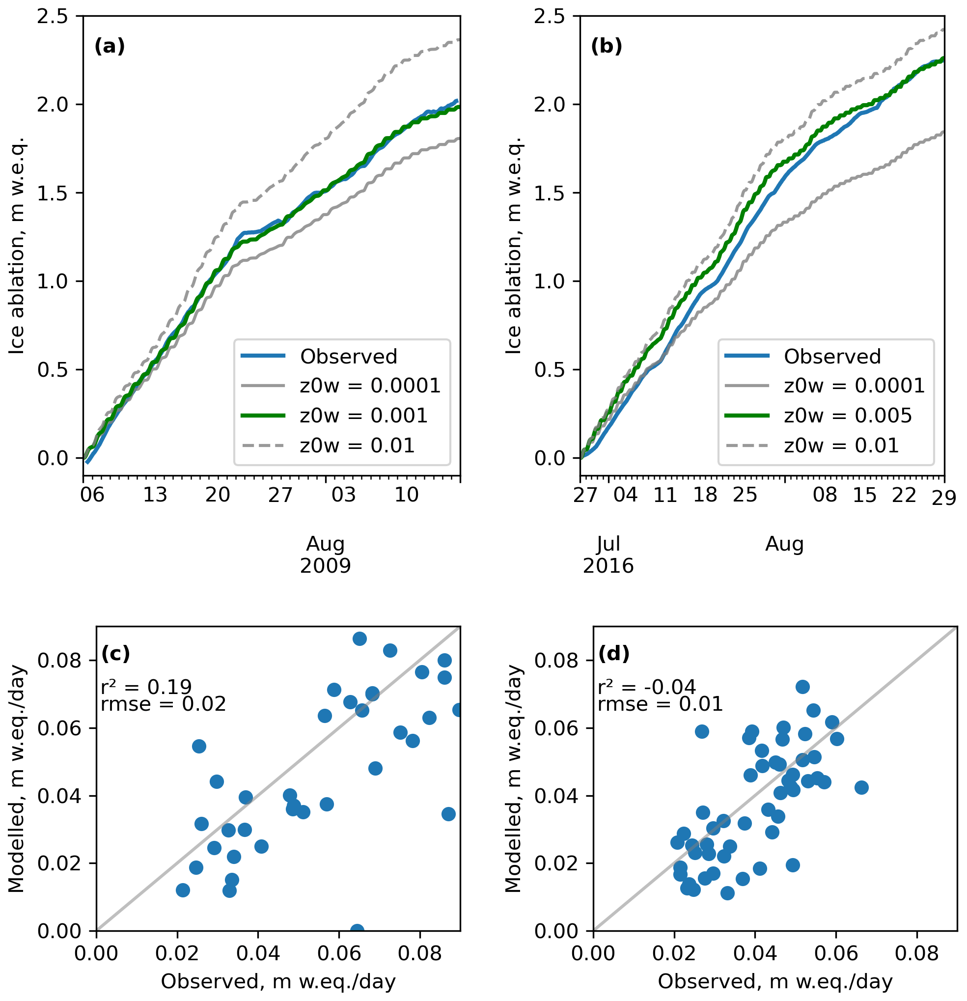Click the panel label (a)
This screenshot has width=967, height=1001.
pyautogui.click(x=109, y=47)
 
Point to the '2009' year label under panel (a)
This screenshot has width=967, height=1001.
pyautogui.click(x=325, y=566)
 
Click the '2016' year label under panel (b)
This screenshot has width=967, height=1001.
pyautogui.click(x=608, y=566)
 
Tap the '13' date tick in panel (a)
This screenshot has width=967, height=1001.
pyautogui.click(x=155, y=495)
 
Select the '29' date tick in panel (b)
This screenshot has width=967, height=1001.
pyautogui.click(x=943, y=498)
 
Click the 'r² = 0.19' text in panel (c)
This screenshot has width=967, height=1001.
pyautogui.click(x=146, y=687)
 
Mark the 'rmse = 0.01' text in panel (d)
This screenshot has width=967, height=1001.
pyautogui.click(x=660, y=704)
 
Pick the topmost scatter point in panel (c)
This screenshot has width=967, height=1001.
pyautogui.click(x=359, y=639)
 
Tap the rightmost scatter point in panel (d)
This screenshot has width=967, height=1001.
pyautogui.click(x=861, y=787)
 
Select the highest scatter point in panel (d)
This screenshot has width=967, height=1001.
pyautogui.click(x=802, y=687)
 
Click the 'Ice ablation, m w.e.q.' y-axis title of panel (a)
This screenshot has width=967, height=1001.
pyautogui.click(x=16, y=245)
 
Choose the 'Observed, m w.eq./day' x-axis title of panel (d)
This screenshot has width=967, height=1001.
pyautogui.click(x=775, y=981)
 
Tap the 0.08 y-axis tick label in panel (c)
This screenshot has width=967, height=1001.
pyautogui.click(x=59, y=660)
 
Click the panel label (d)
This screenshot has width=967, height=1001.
pyautogui.click(x=614, y=654)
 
